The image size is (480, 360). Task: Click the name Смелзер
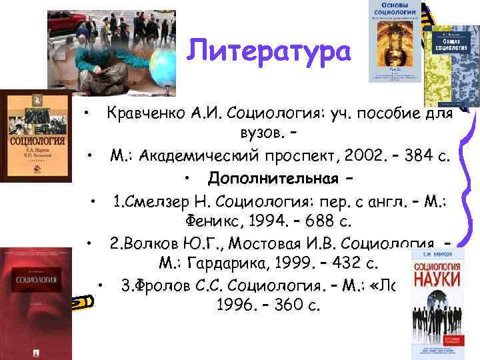[157, 200]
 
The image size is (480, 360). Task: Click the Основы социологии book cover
[394, 40]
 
